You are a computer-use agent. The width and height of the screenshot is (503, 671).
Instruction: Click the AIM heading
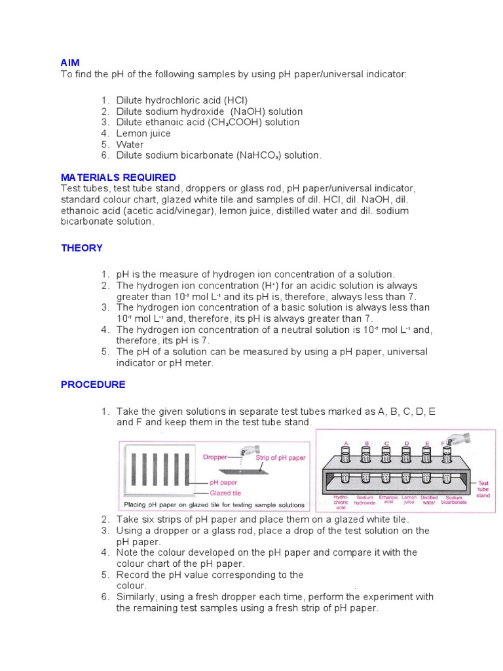pos(70,63)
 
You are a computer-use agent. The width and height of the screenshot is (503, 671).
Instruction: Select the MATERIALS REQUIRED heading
pos(119,178)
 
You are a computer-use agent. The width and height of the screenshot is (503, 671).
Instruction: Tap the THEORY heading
pos(82,248)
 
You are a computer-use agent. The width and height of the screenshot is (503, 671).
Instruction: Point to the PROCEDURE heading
pos(93,385)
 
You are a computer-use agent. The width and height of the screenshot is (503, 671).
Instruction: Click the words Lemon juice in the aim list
pos(143,133)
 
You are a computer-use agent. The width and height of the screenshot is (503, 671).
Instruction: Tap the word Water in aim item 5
pos(130,144)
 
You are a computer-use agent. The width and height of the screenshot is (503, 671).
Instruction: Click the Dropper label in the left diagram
pos(215,457)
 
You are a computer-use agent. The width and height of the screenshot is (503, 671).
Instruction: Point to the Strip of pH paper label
pos(280,457)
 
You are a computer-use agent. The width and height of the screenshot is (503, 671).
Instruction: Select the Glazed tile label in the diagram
pos(225,493)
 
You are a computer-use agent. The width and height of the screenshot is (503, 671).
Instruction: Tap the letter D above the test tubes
pos(407,444)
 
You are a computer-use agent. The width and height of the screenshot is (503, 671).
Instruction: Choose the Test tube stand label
pos(483,489)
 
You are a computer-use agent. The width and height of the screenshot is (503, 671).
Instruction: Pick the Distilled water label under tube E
pos(429,500)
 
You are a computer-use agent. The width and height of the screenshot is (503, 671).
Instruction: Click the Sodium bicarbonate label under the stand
pos(455,500)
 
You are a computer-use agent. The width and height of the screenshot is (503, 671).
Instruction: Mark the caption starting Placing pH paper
pos(214,505)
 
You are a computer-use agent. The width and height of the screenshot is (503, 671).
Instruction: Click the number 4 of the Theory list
pos(104,330)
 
